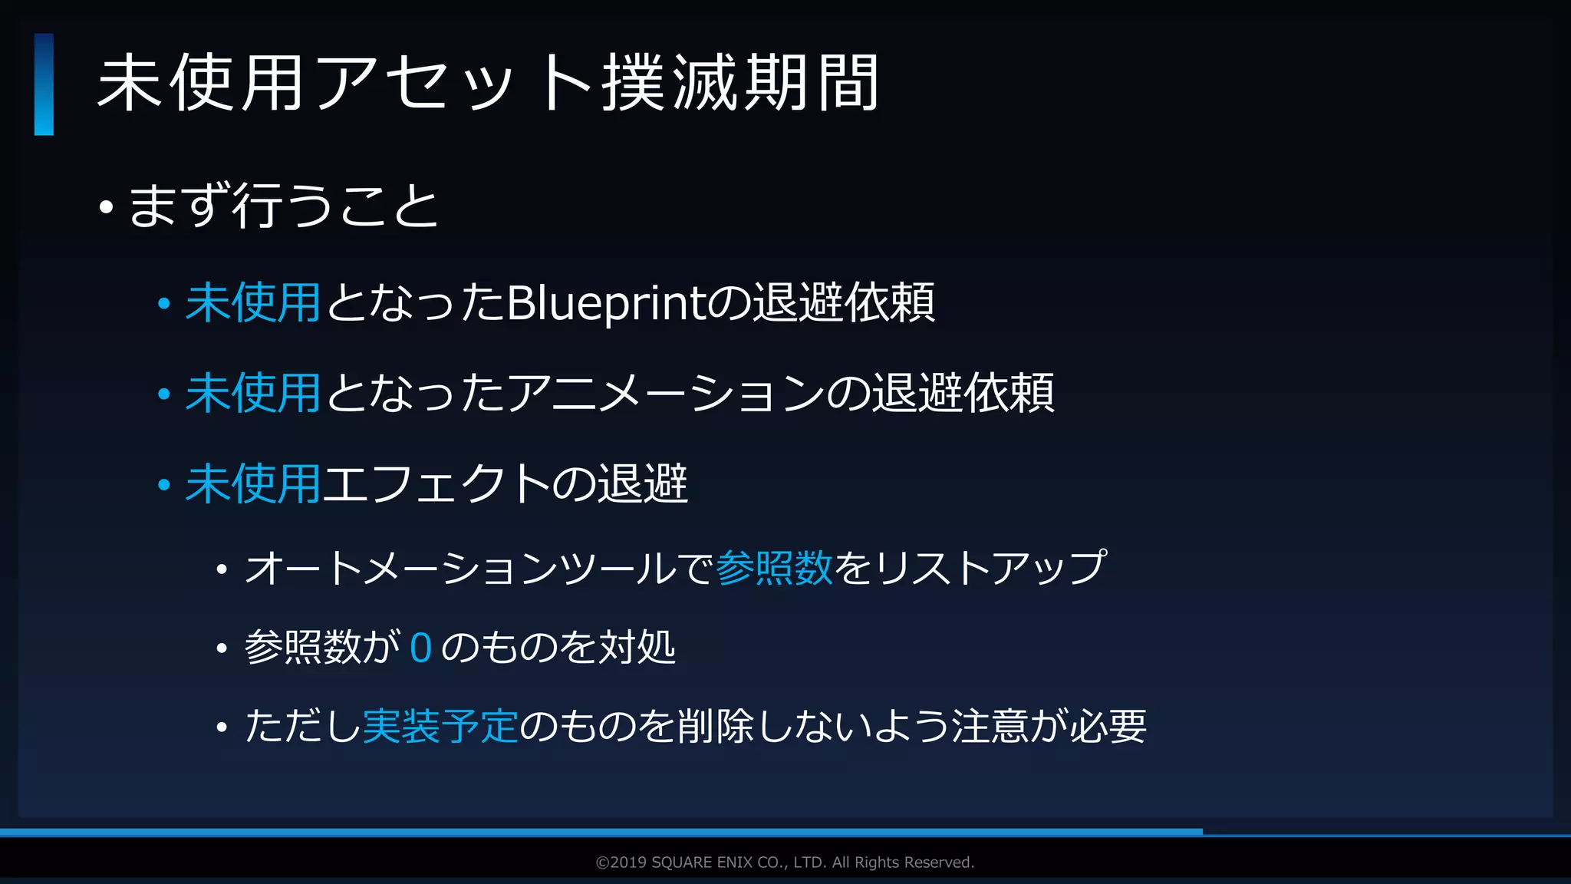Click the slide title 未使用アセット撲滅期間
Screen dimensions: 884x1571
488,83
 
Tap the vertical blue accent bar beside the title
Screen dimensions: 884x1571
44,84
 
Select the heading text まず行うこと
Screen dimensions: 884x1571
283,206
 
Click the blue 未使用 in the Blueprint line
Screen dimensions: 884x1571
252,303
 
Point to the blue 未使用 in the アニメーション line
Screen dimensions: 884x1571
252,394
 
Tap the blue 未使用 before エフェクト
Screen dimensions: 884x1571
252,484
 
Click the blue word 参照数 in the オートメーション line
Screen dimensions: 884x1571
774,569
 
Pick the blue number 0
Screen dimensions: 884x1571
420,648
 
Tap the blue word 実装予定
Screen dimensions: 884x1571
440,726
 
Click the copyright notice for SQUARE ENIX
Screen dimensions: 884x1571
785,863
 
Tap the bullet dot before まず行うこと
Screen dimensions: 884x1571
106,207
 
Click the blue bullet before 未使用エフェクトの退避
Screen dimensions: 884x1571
163,485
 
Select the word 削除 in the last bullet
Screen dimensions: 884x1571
715,726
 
